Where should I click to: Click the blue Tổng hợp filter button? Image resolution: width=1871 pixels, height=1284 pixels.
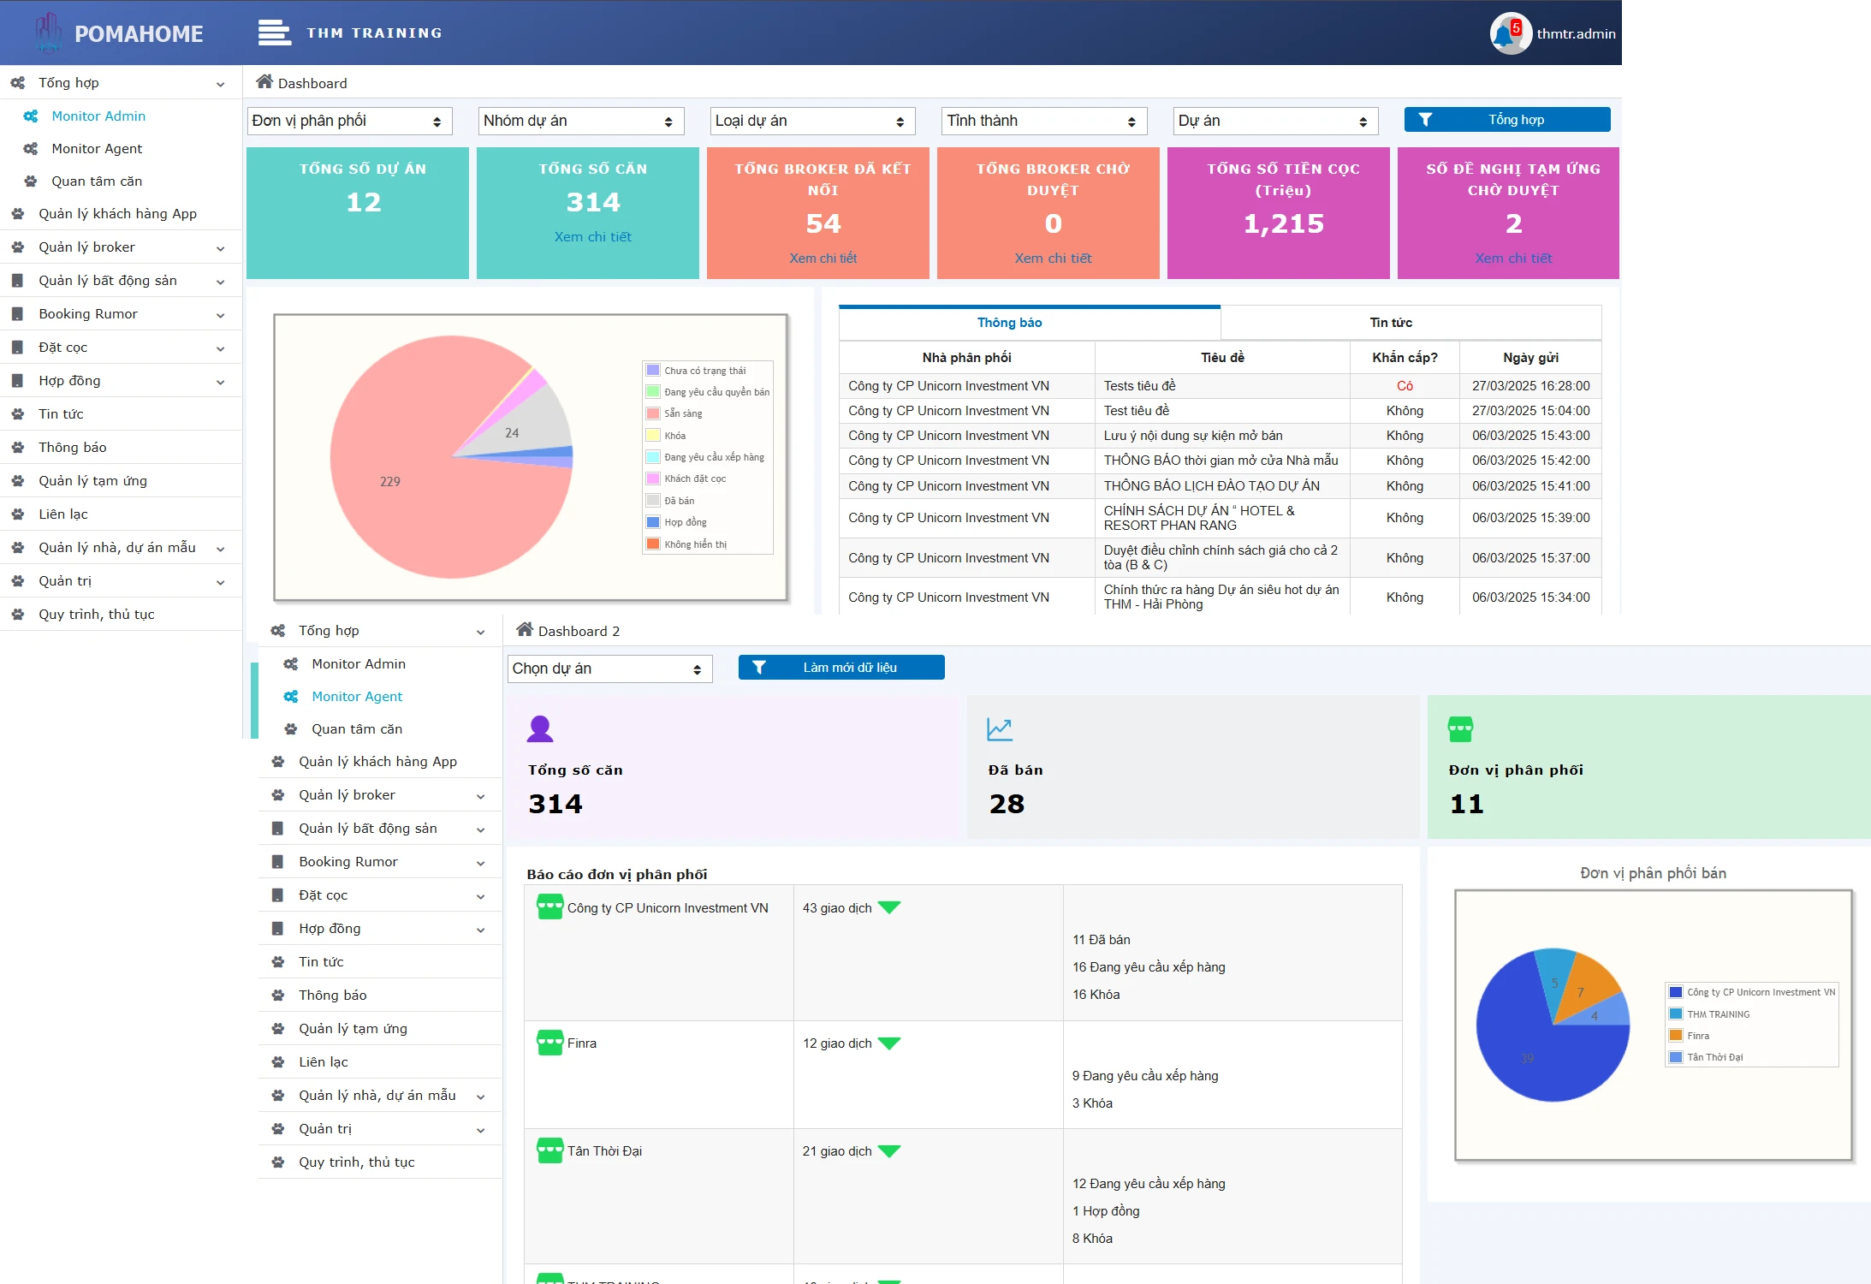1506,120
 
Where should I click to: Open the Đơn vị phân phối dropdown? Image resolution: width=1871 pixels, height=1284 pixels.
350,121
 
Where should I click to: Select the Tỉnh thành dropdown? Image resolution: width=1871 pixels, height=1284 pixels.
1044,121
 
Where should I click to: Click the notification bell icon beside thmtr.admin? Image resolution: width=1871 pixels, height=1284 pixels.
1503,34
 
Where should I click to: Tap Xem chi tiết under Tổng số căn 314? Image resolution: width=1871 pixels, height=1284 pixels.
592,237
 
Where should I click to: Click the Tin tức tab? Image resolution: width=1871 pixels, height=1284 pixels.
1391,323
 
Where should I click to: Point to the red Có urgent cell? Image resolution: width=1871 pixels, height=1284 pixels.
1405,386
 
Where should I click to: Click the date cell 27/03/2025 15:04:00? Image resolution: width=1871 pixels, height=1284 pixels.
1530,411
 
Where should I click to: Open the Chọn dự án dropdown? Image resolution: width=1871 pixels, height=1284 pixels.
610,669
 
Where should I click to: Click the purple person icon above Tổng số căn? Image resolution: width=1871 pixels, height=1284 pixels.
540,728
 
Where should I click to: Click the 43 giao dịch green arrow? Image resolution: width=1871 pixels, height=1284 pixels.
890,907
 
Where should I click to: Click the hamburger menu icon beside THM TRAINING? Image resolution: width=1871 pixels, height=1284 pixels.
274,33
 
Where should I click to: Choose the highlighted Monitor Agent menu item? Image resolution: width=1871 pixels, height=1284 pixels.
357,697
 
